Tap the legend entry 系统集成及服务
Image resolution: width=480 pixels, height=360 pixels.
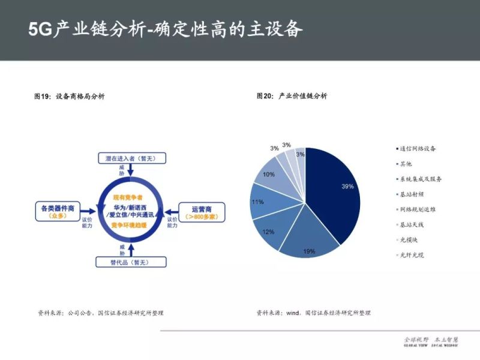[420, 179]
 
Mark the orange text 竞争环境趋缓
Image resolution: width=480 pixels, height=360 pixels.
[130, 224]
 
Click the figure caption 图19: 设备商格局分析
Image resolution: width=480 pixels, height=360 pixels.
[69, 96]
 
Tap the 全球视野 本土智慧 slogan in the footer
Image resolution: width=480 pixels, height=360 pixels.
[431, 340]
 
